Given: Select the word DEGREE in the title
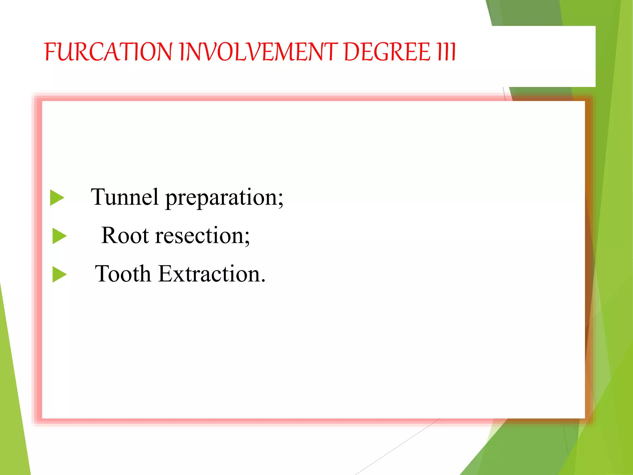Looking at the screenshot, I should [x=387, y=52].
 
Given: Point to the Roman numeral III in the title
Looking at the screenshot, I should [x=446, y=52].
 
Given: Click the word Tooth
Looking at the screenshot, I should [x=123, y=274].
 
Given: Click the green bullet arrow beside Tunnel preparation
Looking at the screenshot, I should [x=57, y=198].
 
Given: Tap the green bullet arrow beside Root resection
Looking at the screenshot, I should [x=59, y=236].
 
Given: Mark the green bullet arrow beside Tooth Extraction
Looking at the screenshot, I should [x=59, y=274].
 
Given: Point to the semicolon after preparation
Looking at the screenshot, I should [x=280, y=200].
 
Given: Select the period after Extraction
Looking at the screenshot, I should [x=263, y=281].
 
